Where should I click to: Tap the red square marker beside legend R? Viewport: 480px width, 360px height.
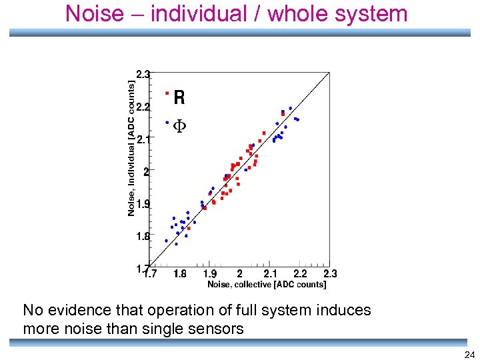click(167, 93)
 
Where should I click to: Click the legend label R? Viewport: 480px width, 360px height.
click(179, 98)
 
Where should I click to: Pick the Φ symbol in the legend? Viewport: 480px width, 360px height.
click(179, 125)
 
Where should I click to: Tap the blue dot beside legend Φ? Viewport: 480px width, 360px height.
click(167, 122)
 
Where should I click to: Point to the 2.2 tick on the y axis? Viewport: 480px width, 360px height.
click(143, 107)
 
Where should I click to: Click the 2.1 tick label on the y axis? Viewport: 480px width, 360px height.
click(143, 139)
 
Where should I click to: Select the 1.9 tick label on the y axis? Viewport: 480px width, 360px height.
click(143, 204)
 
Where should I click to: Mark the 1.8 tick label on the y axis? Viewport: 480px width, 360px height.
click(143, 236)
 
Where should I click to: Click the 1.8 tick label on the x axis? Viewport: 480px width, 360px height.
click(180, 273)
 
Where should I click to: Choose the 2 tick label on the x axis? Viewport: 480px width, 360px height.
click(239, 273)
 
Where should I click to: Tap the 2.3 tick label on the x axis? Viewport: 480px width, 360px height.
click(329, 273)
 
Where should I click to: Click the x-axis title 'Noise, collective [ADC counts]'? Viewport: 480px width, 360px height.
click(267, 285)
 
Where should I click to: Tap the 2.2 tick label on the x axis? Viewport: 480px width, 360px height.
click(300, 273)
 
